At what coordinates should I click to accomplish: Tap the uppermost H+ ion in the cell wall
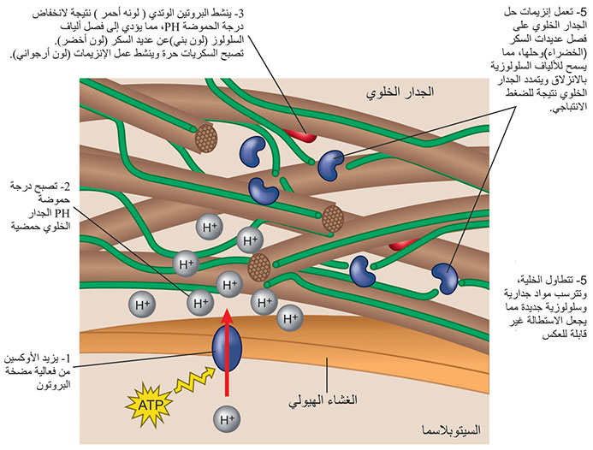click(209, 228)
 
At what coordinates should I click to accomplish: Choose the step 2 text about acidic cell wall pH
click(39, 206)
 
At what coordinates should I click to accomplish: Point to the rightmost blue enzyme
click(445, 277)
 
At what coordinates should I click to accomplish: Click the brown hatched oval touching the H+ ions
click(258, 268)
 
